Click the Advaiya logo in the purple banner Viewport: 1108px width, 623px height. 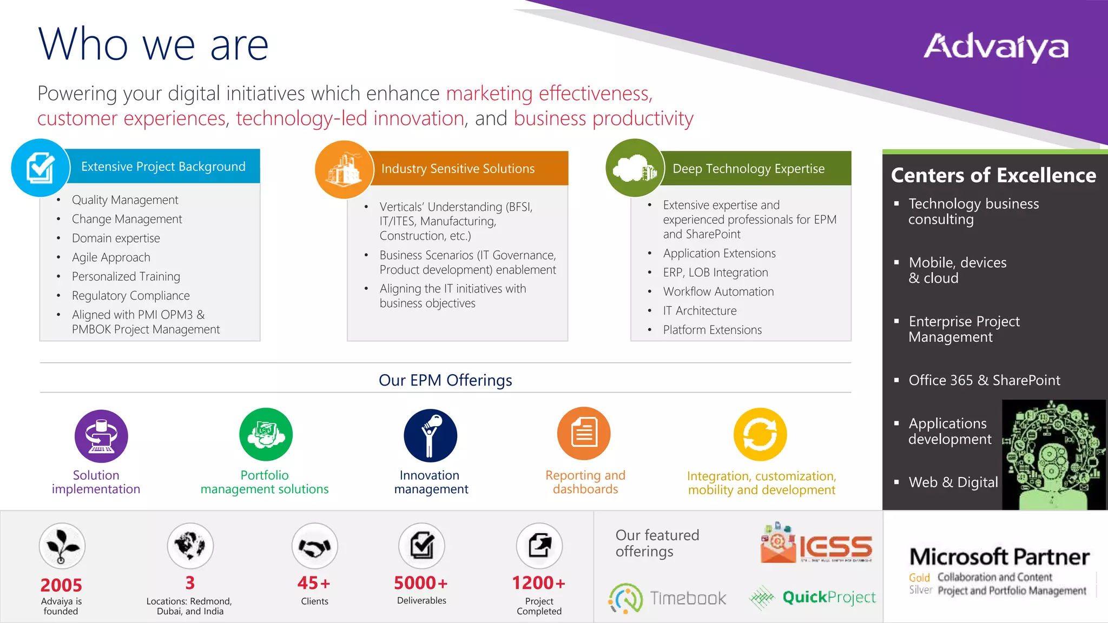(x=996, y=47)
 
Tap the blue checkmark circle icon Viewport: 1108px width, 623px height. (x=41, y=168)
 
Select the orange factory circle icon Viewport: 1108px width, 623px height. (x=344, y=169)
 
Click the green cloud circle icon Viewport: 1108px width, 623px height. (x=635, y=168)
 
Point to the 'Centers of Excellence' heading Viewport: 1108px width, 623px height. (x=993, y=175)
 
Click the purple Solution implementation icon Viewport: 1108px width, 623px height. (x=101, y=436)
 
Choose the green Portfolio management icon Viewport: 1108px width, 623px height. (x=266, y=435)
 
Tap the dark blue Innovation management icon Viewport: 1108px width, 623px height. (x=430, y=435)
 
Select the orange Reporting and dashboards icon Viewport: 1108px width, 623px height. (x=584, y=434)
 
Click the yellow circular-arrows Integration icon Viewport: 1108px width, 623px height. (x=760, y=434)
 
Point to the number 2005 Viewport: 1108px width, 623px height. (x=61, y=585)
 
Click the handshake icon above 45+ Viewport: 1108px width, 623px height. (x=314, y=547)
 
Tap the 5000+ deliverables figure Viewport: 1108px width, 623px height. (x=421, y=583)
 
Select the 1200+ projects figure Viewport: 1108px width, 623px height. (x=539, y=583)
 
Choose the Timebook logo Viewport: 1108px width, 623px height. (x=668, y=598)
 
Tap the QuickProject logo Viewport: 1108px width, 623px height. (x=813, y=598)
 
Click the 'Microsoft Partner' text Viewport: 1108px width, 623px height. (x=999, y=556)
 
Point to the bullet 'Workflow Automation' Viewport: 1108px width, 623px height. (x=718, y=291)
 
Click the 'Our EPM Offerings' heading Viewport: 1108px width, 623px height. (x=445, y=380)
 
